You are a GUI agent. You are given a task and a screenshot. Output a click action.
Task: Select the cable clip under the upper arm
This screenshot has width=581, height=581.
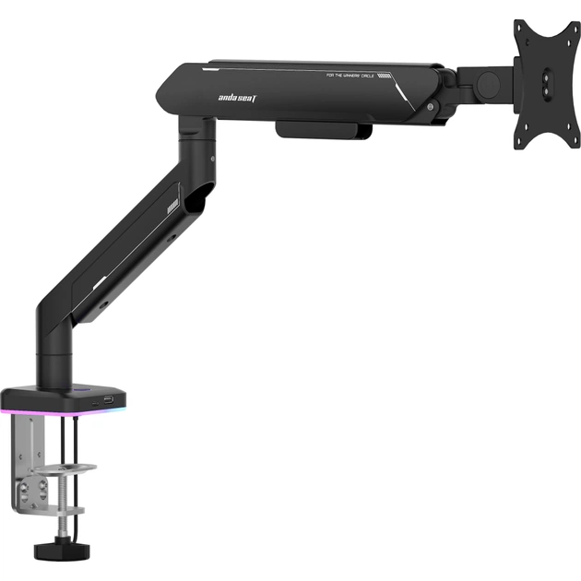[x=323, y=129]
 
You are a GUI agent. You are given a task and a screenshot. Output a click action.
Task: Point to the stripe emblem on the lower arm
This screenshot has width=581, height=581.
[x=172, y=207]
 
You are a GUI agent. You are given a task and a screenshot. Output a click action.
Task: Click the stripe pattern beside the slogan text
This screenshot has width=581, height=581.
[x=385, y=77]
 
